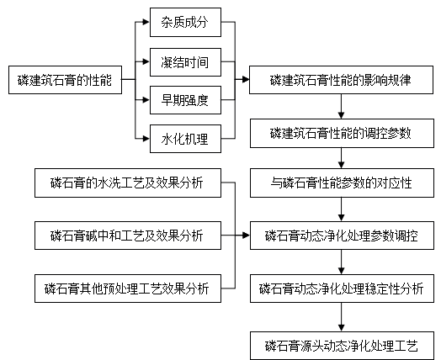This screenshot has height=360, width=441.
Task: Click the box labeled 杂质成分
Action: [185, 22]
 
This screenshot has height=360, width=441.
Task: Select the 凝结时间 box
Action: [185, 62]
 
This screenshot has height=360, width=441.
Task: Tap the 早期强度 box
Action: [185, 100]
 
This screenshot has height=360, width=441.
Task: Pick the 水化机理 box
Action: [185, 139]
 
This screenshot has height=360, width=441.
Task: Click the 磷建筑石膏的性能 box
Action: [66, 80]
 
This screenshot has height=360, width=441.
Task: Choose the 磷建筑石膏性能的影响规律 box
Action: [341, 80]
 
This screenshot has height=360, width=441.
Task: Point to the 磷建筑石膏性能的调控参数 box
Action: [342, 133]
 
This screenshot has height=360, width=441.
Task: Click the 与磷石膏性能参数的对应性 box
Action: [342, 183]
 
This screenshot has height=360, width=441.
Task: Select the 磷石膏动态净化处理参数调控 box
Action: [342, 236]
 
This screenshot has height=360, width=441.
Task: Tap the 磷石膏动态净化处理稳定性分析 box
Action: [342, 289]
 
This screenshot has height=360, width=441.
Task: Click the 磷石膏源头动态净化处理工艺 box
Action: [342, 346]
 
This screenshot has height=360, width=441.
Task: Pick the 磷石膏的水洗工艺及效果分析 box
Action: [128, 183]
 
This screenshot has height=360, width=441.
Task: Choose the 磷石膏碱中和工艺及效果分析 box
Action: [128, 236]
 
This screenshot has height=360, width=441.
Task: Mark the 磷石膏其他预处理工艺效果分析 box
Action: [128, 289]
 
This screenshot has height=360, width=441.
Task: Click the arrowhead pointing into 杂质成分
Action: [146, 22]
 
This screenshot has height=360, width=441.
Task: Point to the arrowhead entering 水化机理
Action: [146, 139]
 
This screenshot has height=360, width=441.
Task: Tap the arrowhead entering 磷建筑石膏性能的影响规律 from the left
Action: [246, 80]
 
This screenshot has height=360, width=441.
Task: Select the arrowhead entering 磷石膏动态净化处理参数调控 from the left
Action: [247, 236]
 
